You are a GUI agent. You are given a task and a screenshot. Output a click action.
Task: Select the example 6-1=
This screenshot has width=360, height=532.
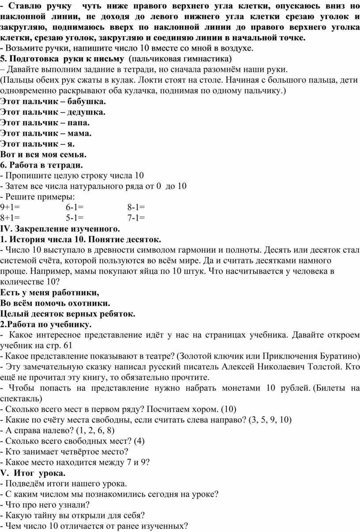[x=75, y=207]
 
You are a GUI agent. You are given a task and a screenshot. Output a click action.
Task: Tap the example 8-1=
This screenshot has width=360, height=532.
[x=136, y=207]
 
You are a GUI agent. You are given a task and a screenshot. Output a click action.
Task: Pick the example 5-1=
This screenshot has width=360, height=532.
[x=75, y=217]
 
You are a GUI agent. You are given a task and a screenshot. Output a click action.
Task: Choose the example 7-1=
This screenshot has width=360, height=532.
[x=136, y=217]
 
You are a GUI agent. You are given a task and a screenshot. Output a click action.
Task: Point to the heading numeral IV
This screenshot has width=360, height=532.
[x=6, y=229]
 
